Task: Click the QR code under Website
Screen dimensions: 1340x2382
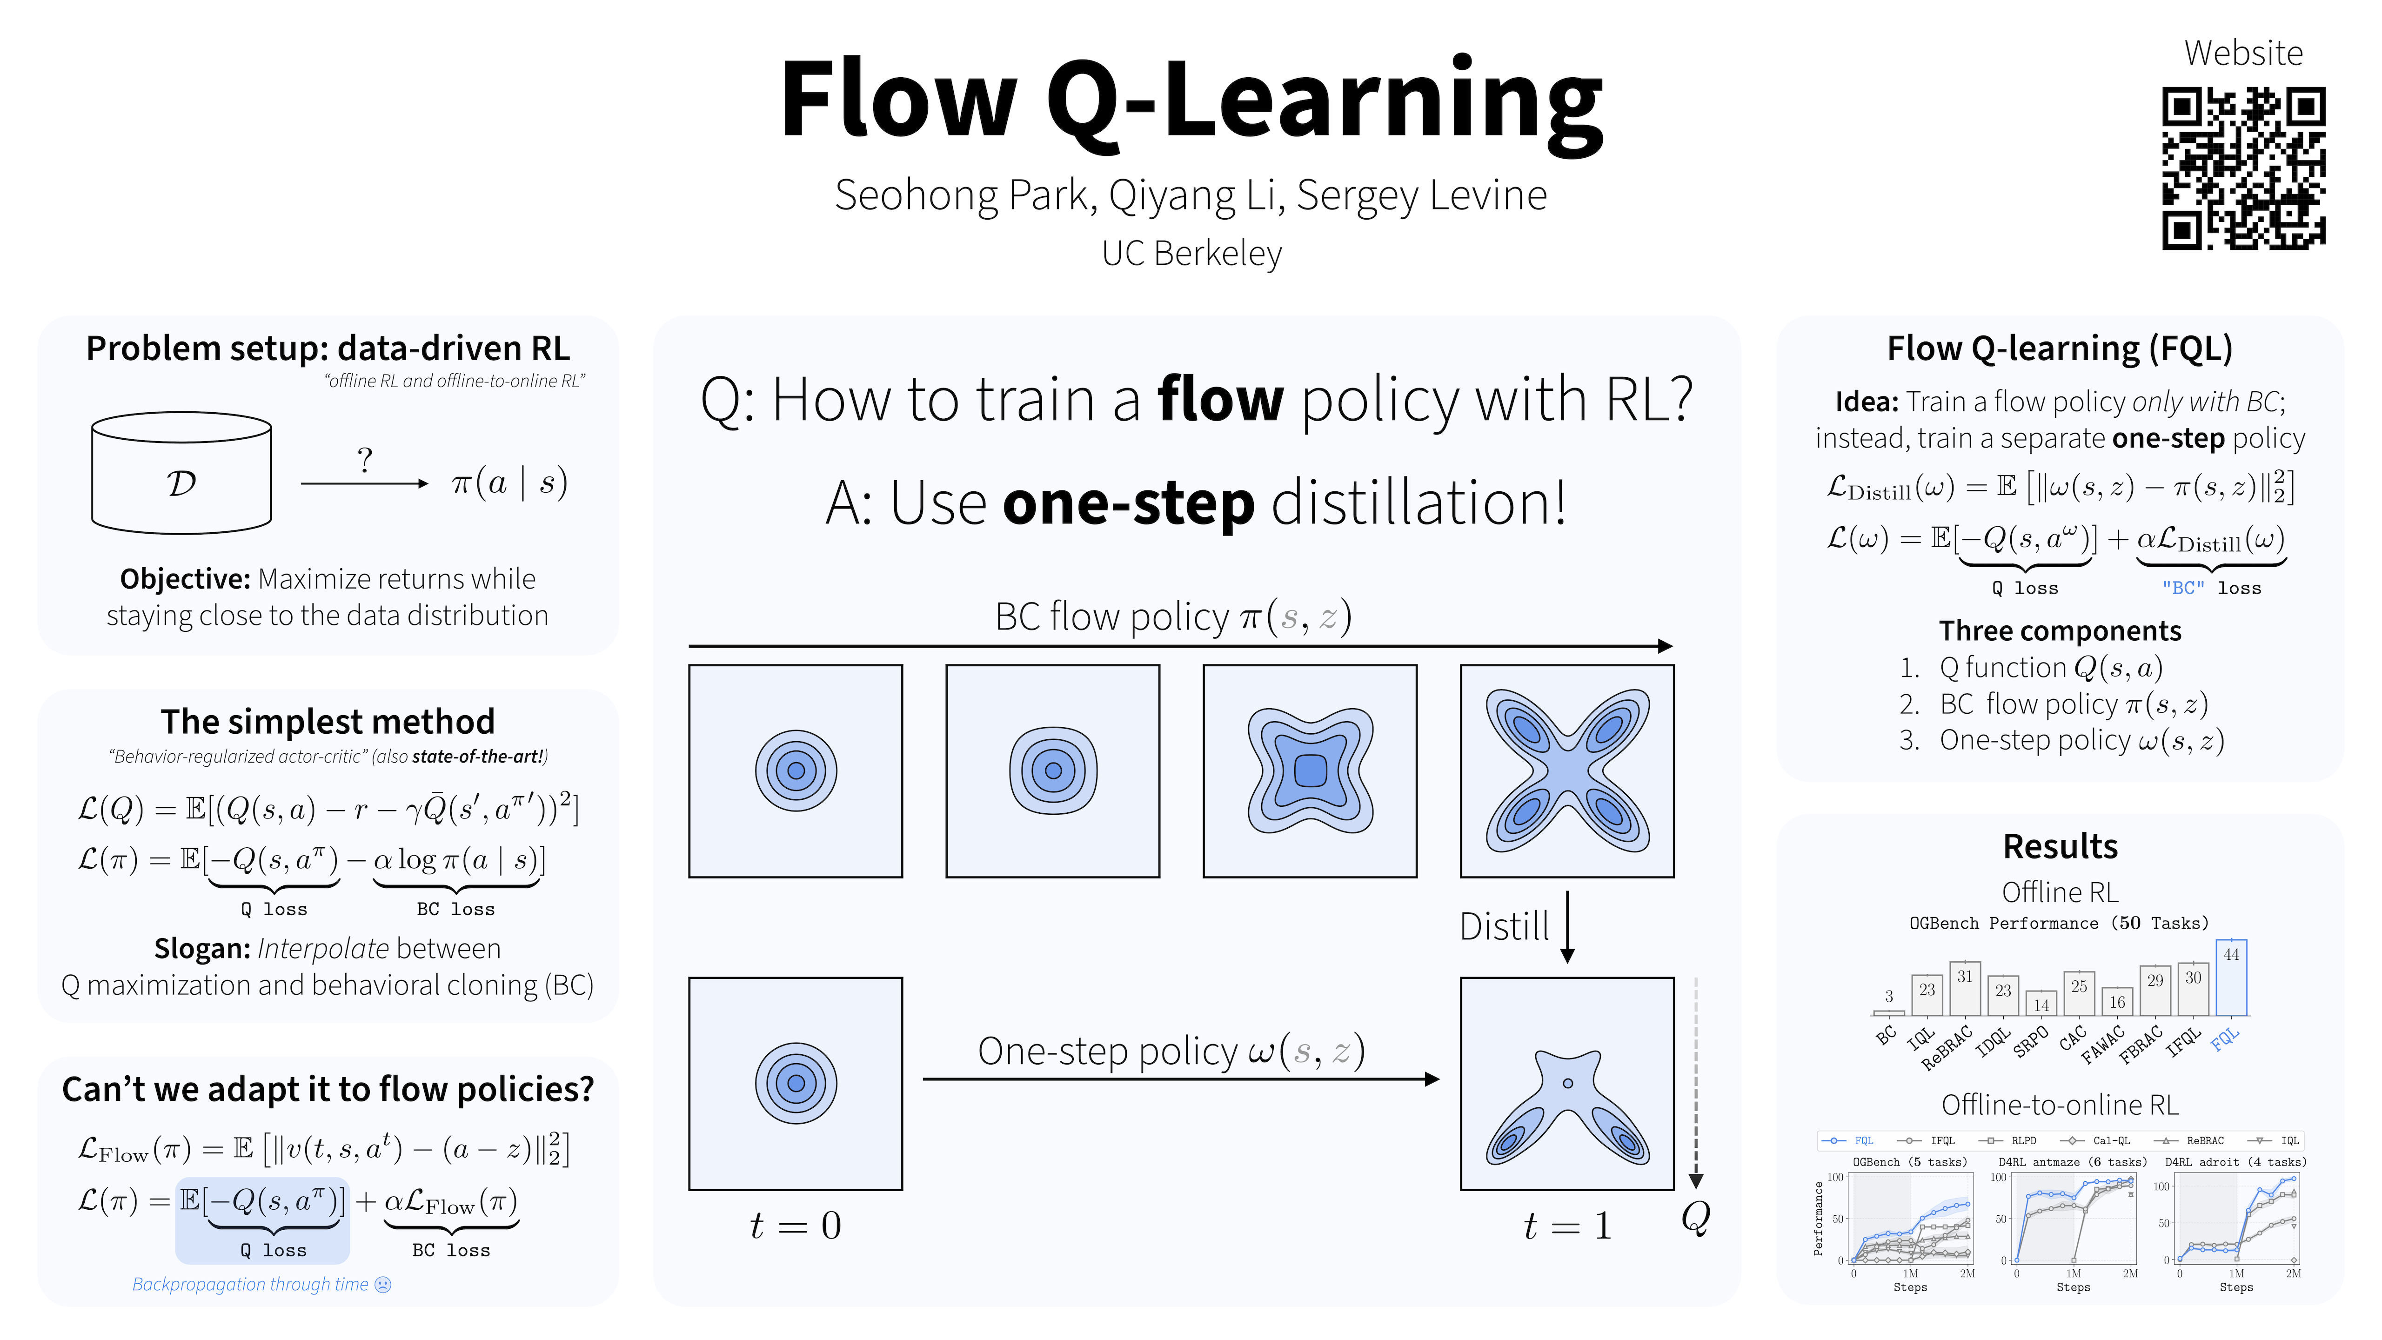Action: [x=2242, y=168]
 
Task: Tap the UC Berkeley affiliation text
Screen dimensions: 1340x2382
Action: [x=1191, y=254]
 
